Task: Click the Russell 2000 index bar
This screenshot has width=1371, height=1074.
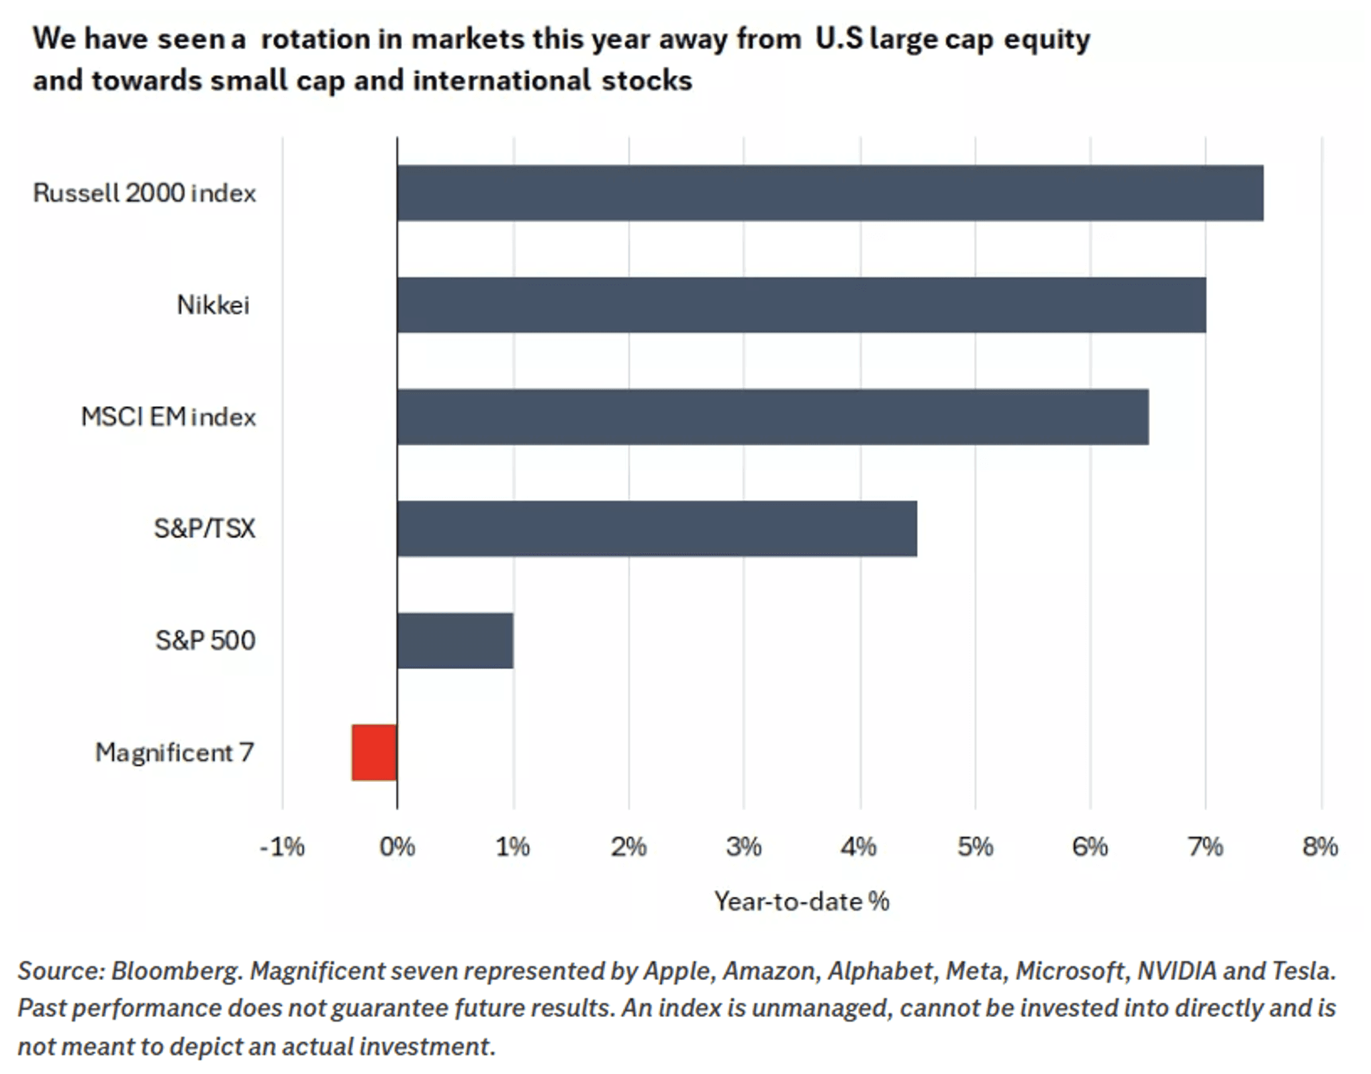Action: tap(830, 193)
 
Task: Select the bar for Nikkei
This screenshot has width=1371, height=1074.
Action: tap(801, 305)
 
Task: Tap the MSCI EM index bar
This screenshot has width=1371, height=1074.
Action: tap(772, 417)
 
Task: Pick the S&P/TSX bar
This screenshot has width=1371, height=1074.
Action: tap(657, 529)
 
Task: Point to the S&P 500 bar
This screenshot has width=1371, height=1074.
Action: tap(455, 640)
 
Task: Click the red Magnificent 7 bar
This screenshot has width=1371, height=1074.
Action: tap(375, 752)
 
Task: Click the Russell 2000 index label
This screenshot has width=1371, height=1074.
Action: tap(144, 193)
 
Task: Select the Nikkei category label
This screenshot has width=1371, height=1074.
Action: tap(213, 305)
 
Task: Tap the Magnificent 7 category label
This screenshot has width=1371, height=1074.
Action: tap(175, 752)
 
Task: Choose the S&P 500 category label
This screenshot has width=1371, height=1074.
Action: tap(205, 640)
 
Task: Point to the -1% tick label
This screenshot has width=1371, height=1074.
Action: tap(282, 847)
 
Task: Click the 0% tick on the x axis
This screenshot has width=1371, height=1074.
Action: tap(397, 847)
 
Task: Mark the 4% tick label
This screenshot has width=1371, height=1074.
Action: tap(859, 847)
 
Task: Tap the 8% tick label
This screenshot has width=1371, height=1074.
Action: tap(1320, 847)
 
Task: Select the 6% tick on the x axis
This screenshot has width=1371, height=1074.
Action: tap(1090, 847)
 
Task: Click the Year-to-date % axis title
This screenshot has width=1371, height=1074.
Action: tap(802, 901)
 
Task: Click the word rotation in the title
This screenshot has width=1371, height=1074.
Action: tap(316, 39)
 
